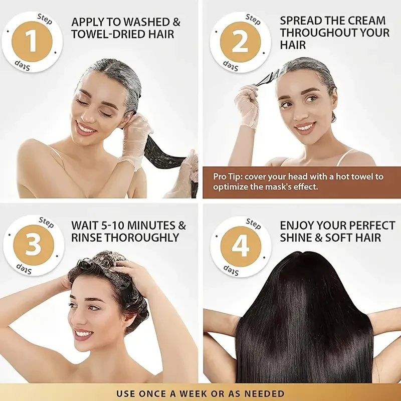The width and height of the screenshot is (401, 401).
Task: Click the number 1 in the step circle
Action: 32,41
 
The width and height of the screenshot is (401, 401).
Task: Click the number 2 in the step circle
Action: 240,42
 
